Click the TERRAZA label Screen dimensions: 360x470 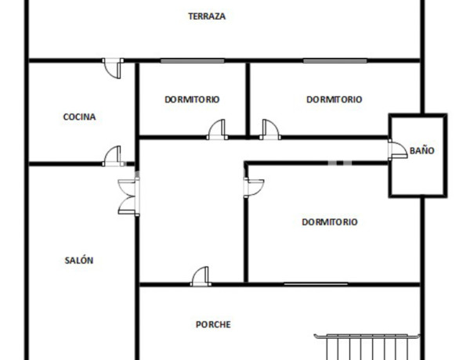pyautogui.click(x=207, y=16)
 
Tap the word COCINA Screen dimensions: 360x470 pyautogui.click(x=79, y=117)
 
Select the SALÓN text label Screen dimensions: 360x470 pyautogui.click(x=78, y=261)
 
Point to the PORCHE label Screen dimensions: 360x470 pyautogui.click(x=213, y=324)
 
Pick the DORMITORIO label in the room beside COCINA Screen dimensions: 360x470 pyautogui.click(x=192, y=99)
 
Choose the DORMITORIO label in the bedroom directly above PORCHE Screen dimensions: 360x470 pyautogui.click(x=329, y=222)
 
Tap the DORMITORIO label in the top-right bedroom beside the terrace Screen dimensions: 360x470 pyautogui.click(x=334, y=99)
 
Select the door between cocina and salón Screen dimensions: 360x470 pyautogui.click(x=113, y=156)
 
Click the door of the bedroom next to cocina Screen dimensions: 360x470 pyautogui.click(x=217, y=129)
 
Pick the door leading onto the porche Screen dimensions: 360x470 pyautogui.click(x=201, y=275)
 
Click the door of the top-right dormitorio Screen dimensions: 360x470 pyautogui.click(x=270, y=129)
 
